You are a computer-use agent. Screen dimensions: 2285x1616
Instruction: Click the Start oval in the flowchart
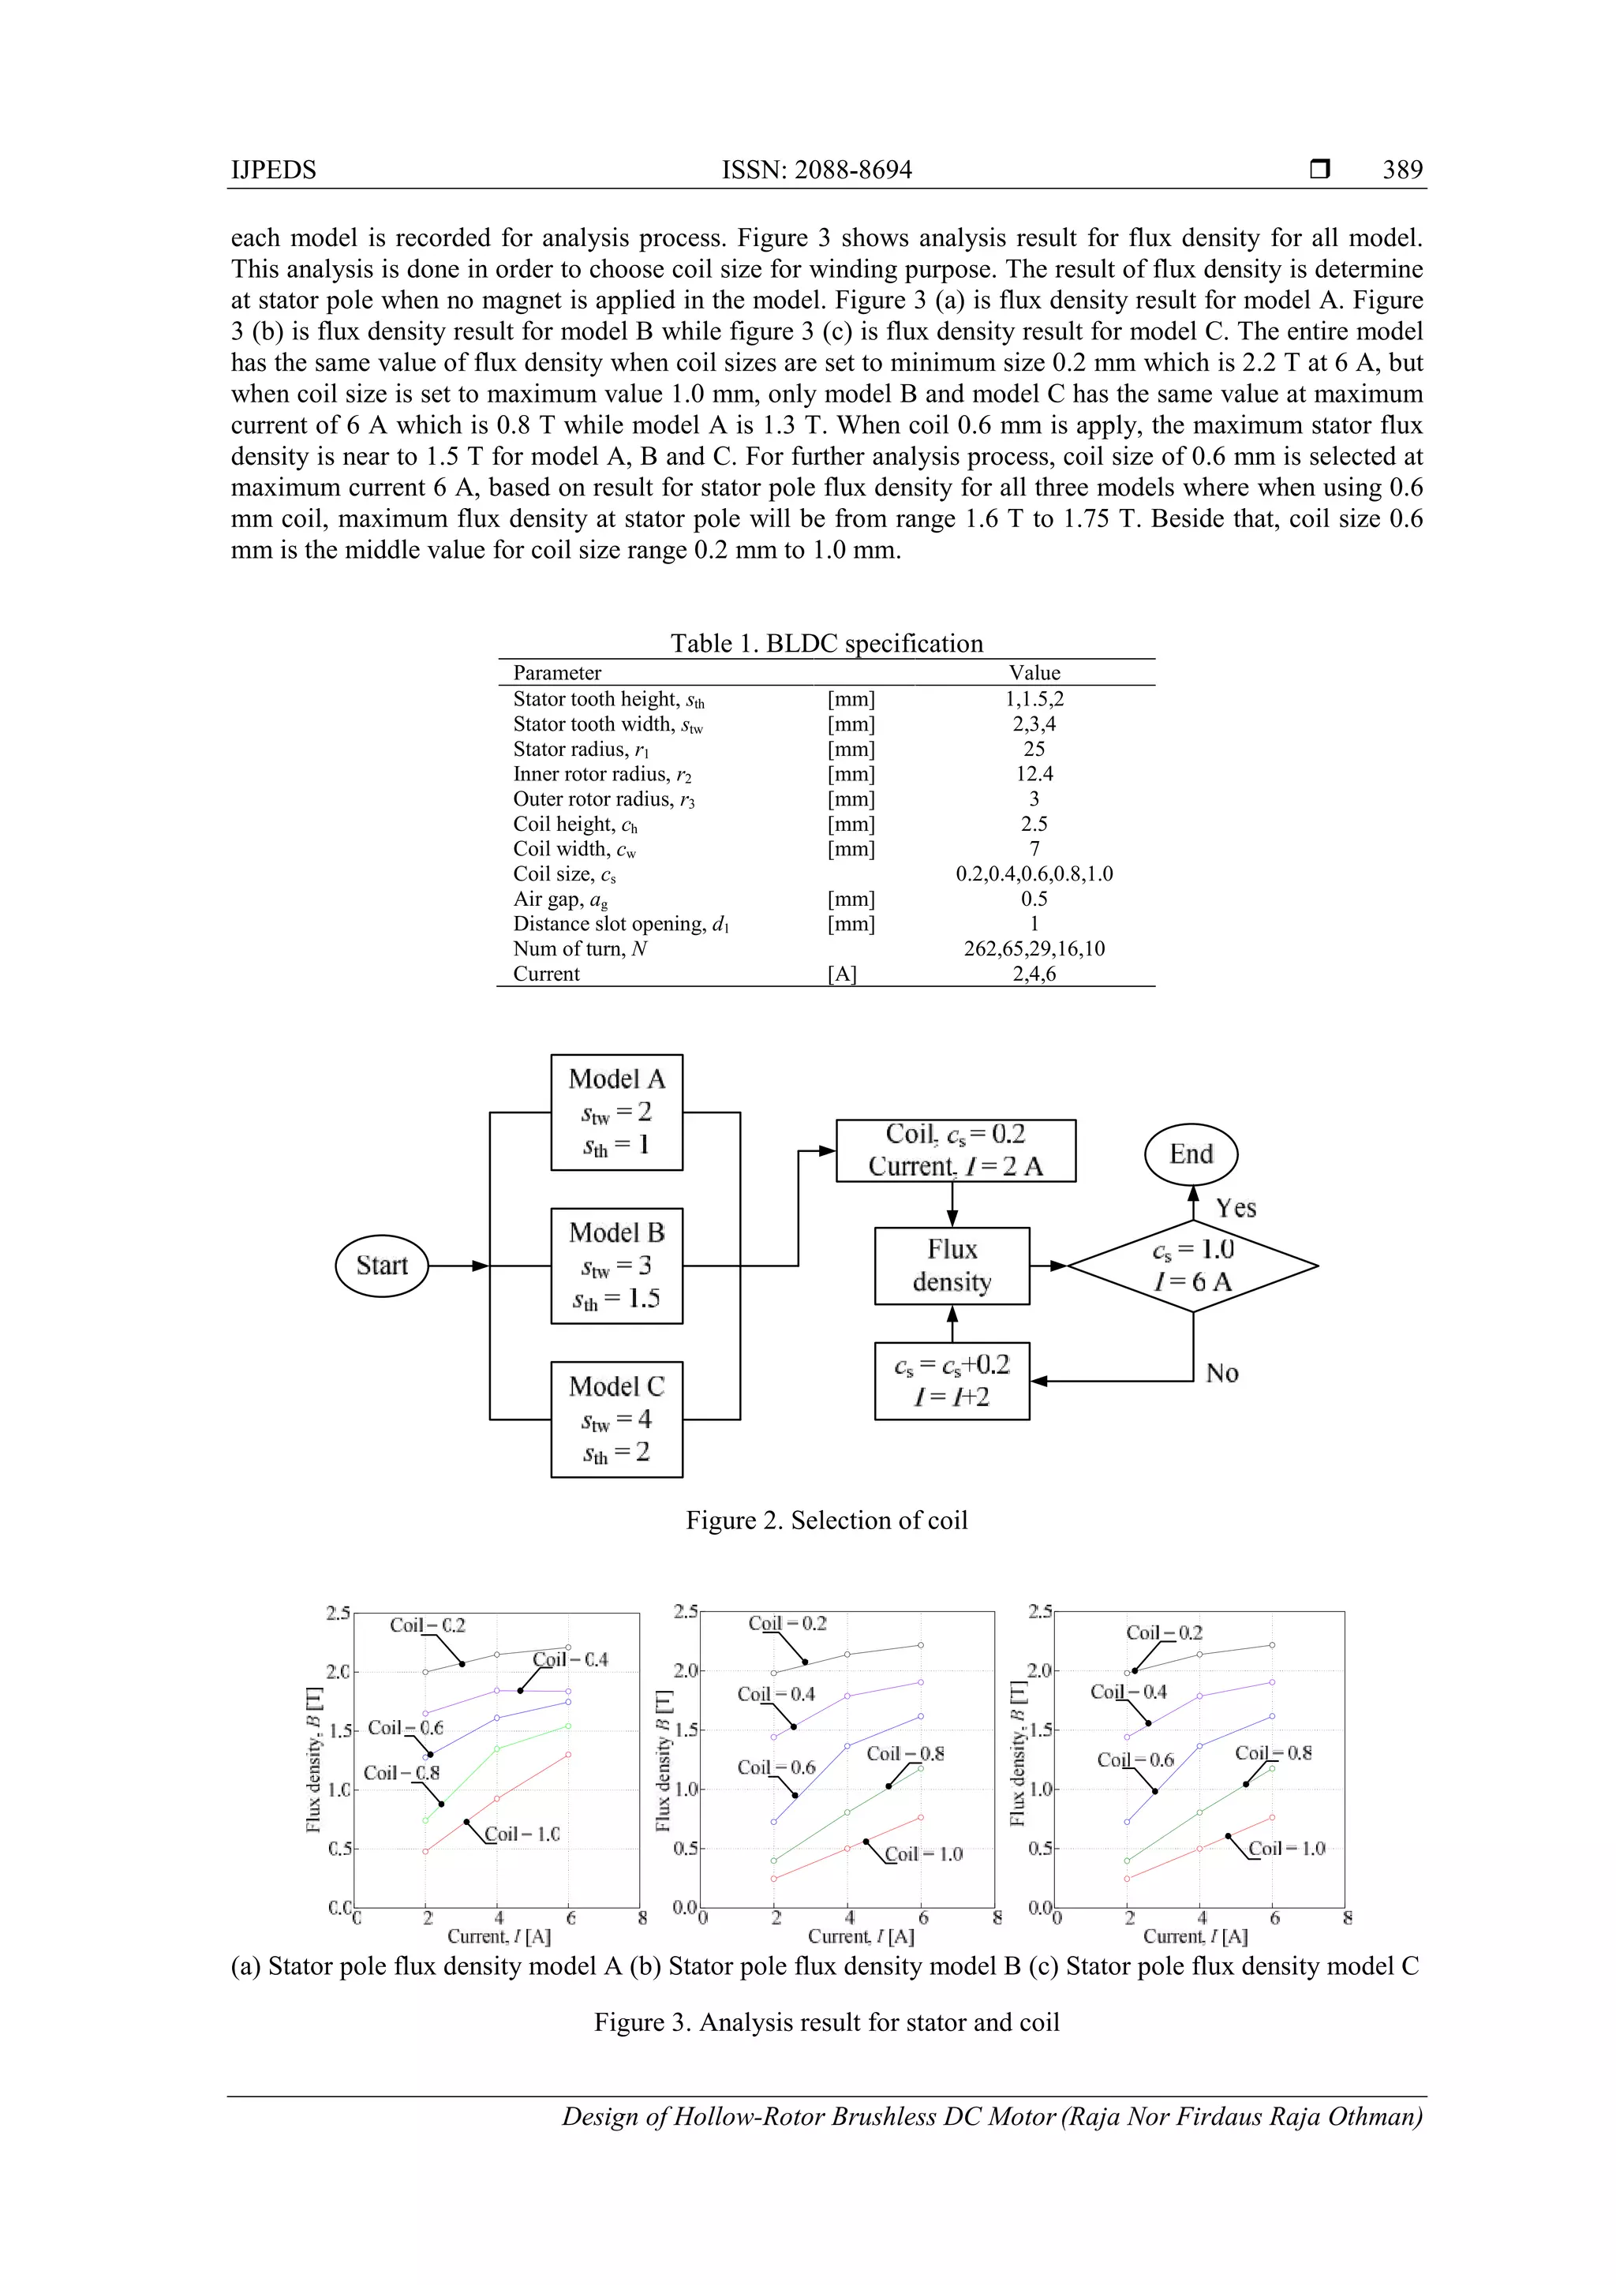[x=382, y=1265]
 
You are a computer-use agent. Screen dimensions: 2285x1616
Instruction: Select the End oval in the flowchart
[x=1191, y=1154]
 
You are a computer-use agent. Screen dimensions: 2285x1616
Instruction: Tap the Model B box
[x=616, y=1265]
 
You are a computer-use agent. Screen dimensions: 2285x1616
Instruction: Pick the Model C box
[x=616, y=1419]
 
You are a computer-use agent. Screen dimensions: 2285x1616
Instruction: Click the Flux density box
[x=952, y=1265]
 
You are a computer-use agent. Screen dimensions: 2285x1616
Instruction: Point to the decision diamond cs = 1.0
[x=1192, y=1266]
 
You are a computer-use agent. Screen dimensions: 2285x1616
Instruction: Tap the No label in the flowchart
[x=1222, y=1374]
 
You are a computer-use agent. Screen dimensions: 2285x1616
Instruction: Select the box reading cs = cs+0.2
[x=952, y=1382]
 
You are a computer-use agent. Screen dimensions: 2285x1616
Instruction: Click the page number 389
[x=1402, y=170]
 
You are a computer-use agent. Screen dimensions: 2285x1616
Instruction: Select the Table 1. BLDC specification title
[x=826, y=643]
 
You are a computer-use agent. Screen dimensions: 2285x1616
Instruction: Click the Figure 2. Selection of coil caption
[x=826, y=1520]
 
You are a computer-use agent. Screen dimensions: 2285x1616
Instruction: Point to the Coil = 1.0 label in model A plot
[x=522, y=1833]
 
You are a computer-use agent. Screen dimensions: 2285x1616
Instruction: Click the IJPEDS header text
[x=274, y=170]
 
